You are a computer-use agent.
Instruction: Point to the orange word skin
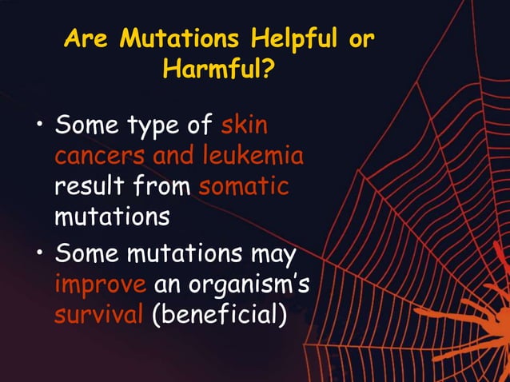click(x=244, y=126)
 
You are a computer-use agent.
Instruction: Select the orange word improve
click(x=101, y=286)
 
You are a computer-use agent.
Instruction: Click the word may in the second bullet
click(x=274, y=256)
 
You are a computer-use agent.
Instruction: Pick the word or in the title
click(x=361, y=39)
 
